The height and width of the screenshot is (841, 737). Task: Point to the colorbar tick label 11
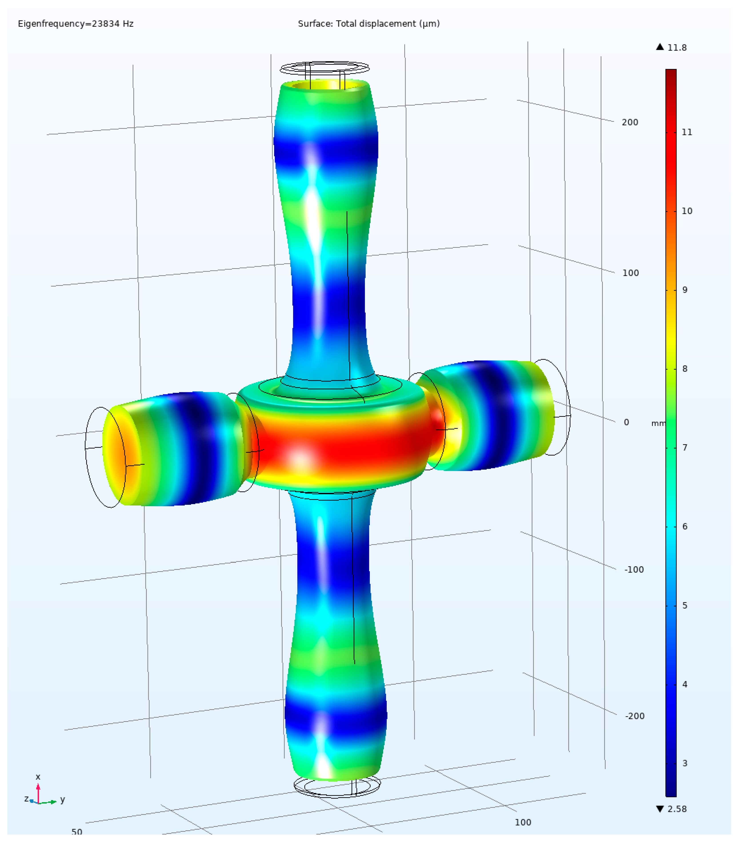[x=687, y=132]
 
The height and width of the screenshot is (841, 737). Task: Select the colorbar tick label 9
[x=685, y=290]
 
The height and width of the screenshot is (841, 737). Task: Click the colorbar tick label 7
[x=685, y=447]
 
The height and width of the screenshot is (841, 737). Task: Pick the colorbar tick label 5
[x=685, y=605]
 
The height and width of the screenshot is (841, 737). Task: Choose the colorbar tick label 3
[x=685, y=763]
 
